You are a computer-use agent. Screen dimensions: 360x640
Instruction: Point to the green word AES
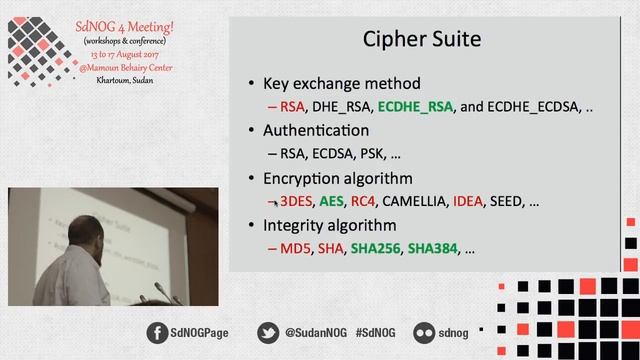coord(331,202)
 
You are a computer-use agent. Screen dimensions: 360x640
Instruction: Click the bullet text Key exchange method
coord(341,83)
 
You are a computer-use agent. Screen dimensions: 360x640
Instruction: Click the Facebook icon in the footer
coord(157,332)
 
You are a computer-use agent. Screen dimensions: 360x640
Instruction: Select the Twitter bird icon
coord(268,332)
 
